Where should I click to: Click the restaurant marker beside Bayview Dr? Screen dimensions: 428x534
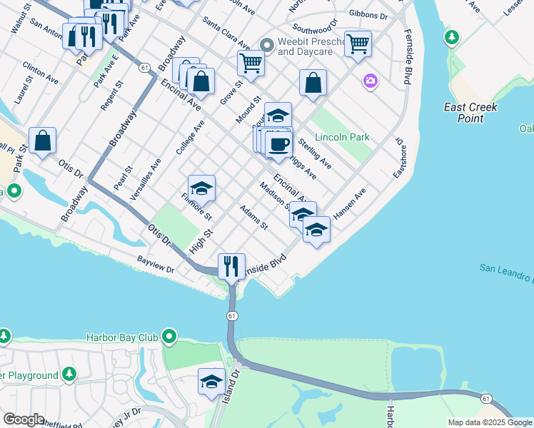[231, 267]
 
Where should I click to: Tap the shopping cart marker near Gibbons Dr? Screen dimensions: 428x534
[358, 44]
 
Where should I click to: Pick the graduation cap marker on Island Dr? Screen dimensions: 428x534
[211, 382]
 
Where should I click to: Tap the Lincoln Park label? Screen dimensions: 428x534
[343, 135]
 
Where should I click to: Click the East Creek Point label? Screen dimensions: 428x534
[470, 113]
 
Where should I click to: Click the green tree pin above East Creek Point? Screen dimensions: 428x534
[450, 36]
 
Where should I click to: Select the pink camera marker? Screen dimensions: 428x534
[370, 81]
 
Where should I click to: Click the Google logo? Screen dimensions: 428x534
[24, 419]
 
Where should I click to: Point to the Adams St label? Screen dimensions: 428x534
[253, 218]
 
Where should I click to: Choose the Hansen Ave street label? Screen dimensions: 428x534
[350, 203]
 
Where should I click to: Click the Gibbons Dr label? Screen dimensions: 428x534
[368, 14]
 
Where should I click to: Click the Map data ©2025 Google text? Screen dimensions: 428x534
[489, 422]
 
